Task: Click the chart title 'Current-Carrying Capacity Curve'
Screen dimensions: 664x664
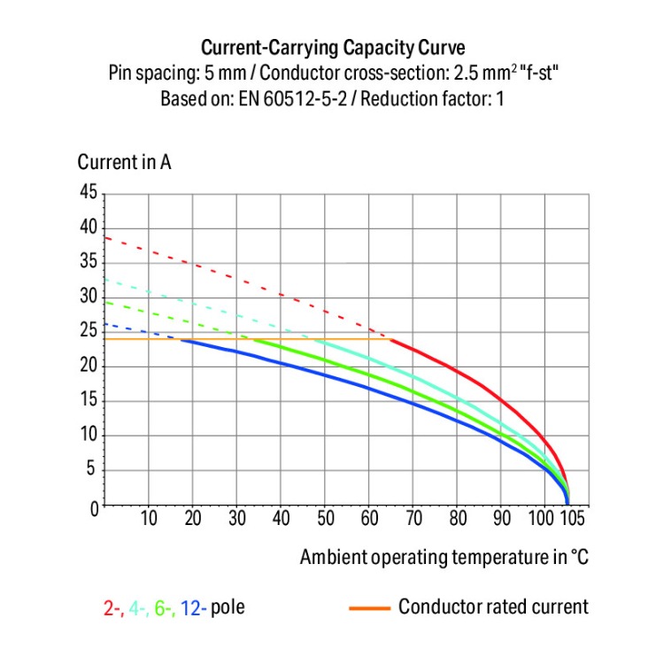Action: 332,47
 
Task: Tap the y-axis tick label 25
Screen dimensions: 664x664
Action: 87,332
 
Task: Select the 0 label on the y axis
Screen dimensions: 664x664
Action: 92,507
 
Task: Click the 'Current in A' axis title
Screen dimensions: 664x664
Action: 125,163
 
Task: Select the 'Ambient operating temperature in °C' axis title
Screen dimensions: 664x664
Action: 444,557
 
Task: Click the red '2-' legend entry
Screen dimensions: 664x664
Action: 112,608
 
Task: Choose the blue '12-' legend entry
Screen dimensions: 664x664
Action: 194,608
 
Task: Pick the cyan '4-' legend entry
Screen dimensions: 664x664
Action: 138,608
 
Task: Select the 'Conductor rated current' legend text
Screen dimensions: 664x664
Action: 492,607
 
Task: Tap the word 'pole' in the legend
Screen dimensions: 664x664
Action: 228,608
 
